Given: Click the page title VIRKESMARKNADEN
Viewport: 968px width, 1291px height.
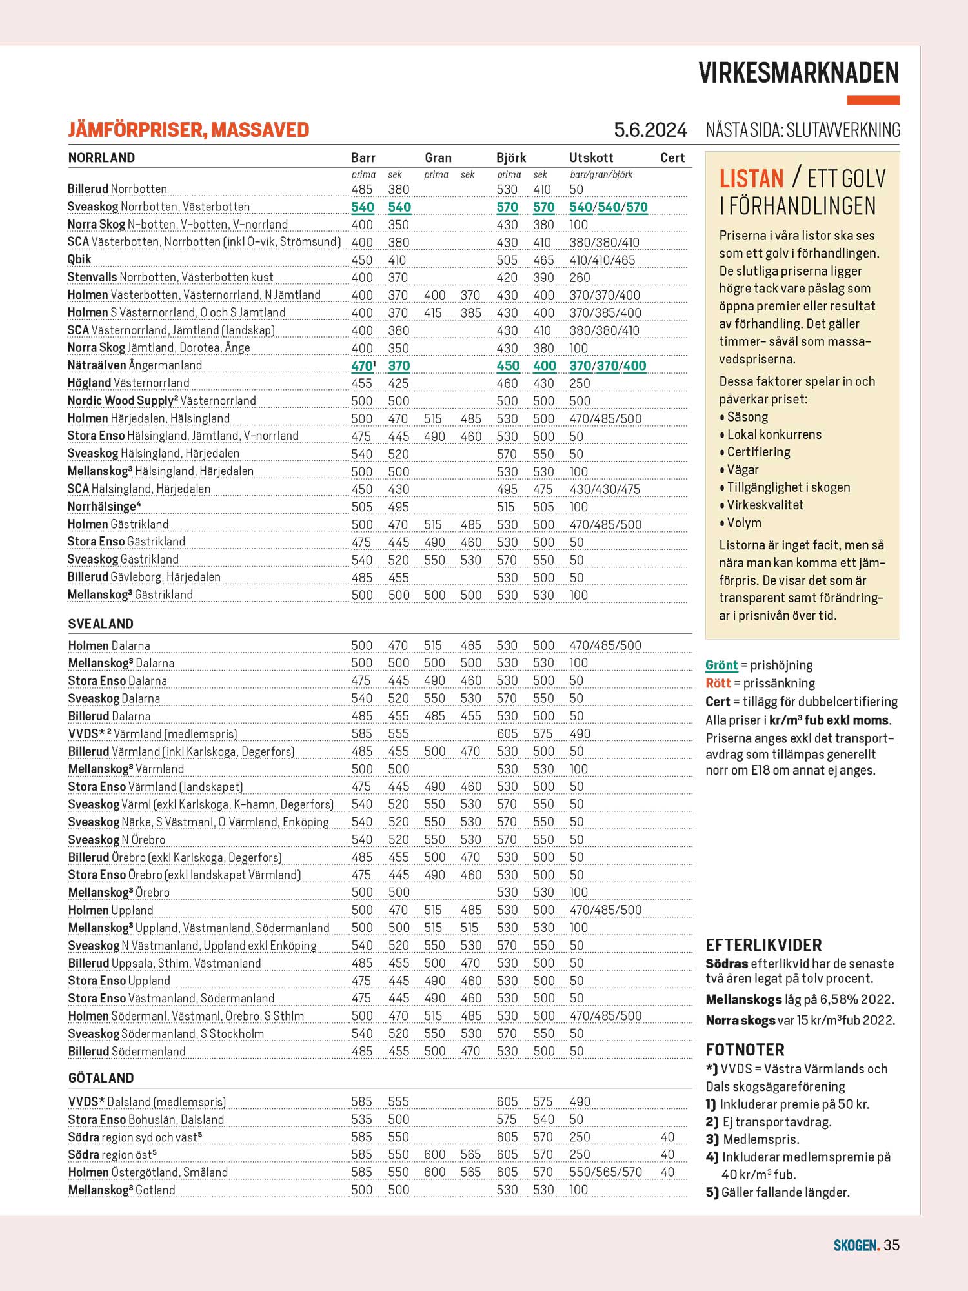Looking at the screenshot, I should [799, 73].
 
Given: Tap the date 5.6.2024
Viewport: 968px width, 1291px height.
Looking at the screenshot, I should [650, 130].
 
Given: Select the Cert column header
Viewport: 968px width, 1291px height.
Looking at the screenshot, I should [672, 158].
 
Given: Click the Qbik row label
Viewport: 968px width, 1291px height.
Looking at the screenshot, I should [79, 259].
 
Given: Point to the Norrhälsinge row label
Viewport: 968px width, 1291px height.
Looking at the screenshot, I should [104, 507].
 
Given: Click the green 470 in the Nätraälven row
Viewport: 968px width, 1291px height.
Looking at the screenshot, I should [361, 366].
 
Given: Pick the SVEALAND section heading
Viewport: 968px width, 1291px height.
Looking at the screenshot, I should [101, 624].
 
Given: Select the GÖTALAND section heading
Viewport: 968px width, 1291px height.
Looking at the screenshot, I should [101, 1078].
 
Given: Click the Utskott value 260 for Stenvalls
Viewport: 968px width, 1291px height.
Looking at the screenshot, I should [580, 278].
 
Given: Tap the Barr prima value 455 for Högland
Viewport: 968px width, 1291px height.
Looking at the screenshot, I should [361, 383].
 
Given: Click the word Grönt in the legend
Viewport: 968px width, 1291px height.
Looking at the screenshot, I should [721, 666].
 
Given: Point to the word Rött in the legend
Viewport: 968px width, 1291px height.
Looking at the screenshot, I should [718, 684].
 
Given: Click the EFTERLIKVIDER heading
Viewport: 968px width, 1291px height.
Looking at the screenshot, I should [763, 946].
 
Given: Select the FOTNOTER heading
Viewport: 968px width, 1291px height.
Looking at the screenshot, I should [745, 1050].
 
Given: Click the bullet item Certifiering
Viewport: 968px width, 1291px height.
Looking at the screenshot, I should [758, 452].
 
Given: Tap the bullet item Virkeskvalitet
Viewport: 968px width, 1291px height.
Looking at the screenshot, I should [765, 505].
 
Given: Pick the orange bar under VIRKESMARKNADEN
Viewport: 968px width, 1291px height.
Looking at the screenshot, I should [873, 100].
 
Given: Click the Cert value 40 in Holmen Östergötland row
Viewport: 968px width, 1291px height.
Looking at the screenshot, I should [667, 1172].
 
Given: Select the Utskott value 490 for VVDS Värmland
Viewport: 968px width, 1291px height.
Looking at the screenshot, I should [580, 734].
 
